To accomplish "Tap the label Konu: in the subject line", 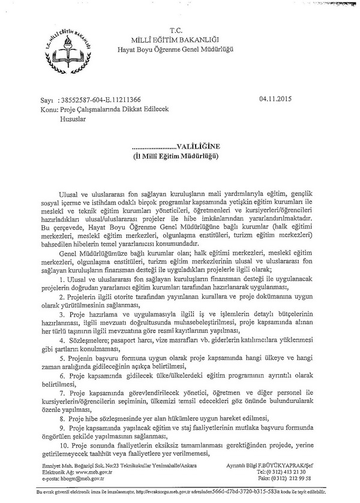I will (47, 110).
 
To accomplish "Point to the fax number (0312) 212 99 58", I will (292, 479).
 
